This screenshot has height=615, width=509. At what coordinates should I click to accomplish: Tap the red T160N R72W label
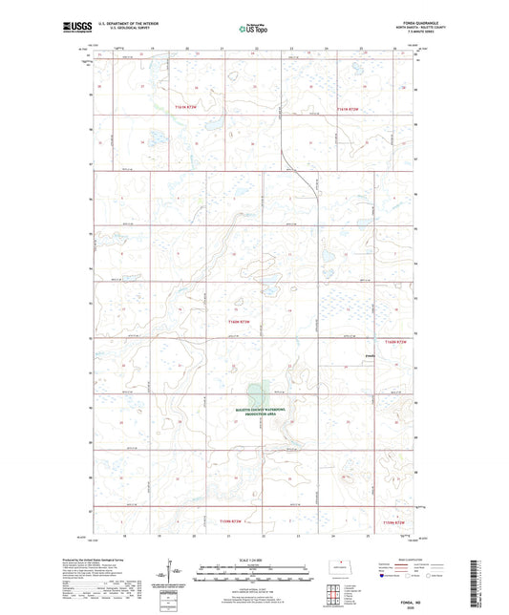(402, 341)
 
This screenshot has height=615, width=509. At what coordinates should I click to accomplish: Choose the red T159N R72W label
(402, 522)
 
